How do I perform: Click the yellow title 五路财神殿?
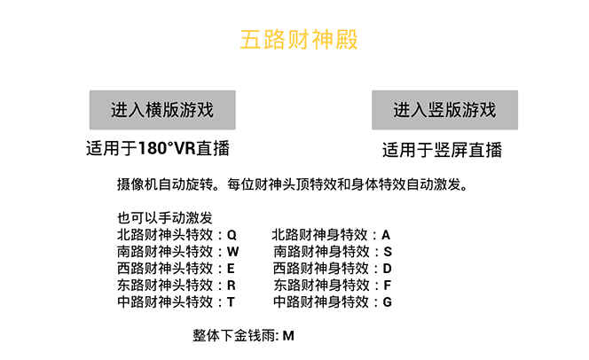[299, 39]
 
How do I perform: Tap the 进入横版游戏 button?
[162, 110]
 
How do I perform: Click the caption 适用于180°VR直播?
[158, 148]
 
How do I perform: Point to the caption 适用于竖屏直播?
[442, 150]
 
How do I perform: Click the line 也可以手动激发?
[165, 218]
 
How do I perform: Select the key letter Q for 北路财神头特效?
[232, 235]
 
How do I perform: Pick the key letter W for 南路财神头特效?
[233, 252]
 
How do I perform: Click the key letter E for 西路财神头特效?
[231, 269]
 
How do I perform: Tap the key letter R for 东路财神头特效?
[232, 286]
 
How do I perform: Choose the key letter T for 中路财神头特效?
[231, 301]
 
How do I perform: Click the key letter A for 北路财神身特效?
[386, 235]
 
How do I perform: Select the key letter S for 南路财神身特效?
[388, 252]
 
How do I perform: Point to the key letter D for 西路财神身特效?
[388, 269]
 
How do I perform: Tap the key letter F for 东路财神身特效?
[388, 286]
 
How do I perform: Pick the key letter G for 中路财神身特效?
[388, 301]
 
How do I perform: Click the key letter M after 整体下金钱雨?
[288, 335]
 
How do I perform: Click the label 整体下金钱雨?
[233, 335]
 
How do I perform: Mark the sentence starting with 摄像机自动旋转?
[293, 184]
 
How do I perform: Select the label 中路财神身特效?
[321, 301]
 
